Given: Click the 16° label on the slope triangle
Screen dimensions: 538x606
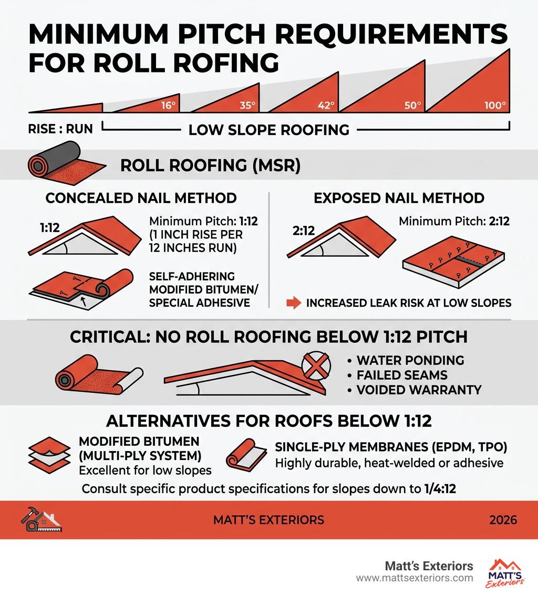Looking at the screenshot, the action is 169,105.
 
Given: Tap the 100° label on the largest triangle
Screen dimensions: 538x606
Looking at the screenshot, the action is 495,105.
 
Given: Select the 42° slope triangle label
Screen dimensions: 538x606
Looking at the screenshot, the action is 326,105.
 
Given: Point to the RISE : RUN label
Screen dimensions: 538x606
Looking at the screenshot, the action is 60,129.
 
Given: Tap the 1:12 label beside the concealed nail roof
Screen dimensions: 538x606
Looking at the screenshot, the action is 50,227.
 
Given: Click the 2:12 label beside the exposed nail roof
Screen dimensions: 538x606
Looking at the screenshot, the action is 304,231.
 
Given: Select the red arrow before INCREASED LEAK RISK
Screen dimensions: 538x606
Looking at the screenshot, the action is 294,302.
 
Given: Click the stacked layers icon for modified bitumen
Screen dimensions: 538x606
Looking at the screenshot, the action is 49,455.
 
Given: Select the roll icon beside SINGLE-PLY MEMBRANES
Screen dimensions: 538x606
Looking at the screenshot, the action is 246,455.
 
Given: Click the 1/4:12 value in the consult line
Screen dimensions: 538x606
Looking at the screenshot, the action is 440,489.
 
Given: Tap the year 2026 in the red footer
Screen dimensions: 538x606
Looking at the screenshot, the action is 503,520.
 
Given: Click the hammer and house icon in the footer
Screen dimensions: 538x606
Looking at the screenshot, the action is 42,519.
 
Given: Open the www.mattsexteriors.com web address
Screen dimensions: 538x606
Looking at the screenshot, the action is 415,578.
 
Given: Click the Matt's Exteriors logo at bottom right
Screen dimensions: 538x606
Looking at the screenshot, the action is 504,573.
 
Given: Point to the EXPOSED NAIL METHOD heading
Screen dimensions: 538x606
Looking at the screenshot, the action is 399,198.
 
